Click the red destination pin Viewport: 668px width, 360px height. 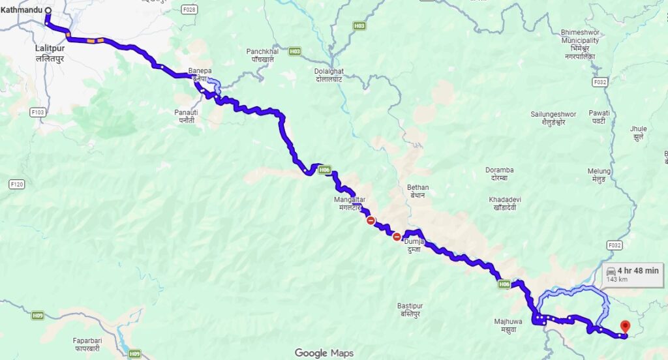pyautogui.click(x=625, y=325)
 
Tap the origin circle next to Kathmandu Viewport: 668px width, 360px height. pyautogui.click(x=48, y=10)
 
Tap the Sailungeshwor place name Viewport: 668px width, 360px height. pyautogui.click(x=553, y=117)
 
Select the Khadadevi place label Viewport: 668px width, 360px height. pyautogui.click(x=502, y=203)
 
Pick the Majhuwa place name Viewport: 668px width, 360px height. pyautogui.click(x=506, y=324)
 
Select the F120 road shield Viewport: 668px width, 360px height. pyautogui.click(x=17, y=185)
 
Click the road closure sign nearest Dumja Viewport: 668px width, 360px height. pyautogui.click(x=397, y=237)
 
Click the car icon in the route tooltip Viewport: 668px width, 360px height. pyautogui.click(x=611, y=271)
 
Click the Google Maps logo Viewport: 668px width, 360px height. pyautogui.click(x=324, y=353)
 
